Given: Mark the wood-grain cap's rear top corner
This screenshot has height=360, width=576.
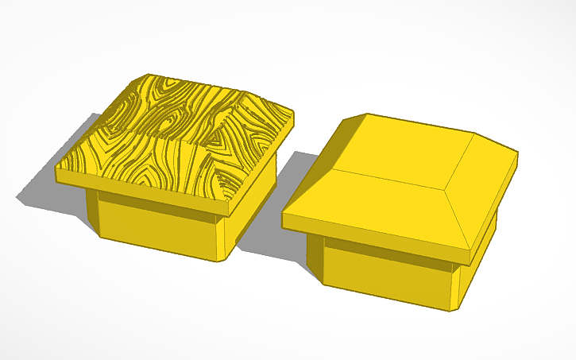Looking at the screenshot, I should [148, 74].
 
